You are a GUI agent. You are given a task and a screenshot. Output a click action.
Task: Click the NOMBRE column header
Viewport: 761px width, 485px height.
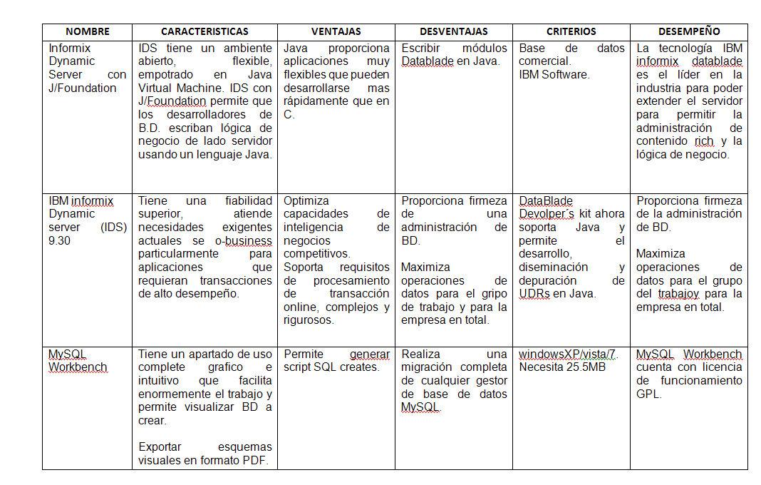click(x=87, y=32)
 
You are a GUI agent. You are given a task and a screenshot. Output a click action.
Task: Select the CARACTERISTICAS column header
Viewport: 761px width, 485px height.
click(x=205, y=32)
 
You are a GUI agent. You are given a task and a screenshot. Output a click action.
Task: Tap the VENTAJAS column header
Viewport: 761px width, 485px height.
click(x=336, y=32)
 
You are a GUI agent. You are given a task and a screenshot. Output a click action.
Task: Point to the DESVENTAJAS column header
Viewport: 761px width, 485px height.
click(x=453, y=32)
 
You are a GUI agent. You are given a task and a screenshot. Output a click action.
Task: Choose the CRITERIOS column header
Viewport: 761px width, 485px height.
click(x=571, y=32)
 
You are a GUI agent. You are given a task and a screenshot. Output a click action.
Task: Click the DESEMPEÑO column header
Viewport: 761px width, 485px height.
click(x=688, y=32)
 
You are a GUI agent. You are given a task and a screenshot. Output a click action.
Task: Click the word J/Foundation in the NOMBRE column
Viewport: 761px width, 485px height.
click(x=82, y=88)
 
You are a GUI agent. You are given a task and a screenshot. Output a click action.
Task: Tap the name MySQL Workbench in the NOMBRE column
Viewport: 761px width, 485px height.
click(x=78, y=361)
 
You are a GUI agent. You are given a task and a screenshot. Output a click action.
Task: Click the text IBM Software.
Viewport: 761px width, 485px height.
click(x=554, y=75)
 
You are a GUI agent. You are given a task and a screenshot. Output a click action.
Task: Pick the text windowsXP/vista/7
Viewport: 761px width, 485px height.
click(x=568, y=354)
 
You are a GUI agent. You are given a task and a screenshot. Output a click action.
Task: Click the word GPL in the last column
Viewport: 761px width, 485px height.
click(x=648, y=394)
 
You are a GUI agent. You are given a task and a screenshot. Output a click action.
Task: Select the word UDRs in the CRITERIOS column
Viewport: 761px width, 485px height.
click(x=534, y=294)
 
